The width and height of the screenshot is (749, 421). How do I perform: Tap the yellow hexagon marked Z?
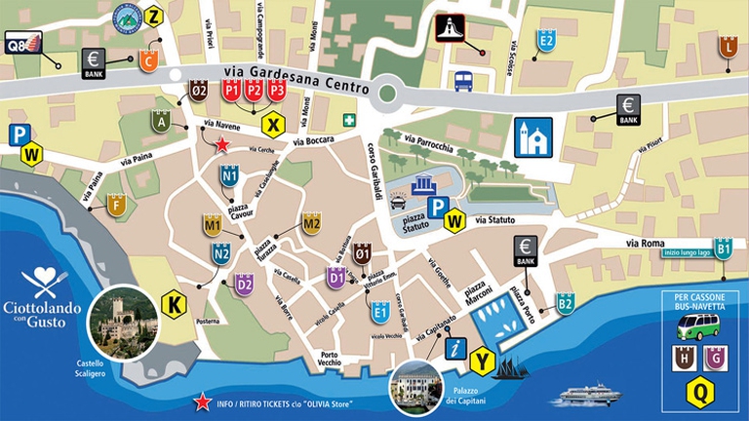coord(154,16)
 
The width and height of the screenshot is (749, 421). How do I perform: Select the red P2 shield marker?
coord(254,90)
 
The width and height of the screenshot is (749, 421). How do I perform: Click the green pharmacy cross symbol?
coord(349,120)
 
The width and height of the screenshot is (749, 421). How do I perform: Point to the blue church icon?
coord(533,136)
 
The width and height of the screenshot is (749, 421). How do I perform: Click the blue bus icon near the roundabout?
coord(463,81)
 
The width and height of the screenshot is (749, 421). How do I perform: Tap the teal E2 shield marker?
coord(546,41)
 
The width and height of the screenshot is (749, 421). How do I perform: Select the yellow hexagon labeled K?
coord(174,303)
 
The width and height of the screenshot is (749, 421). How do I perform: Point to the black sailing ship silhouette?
coord(514,367)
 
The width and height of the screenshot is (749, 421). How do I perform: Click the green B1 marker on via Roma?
coord(723,249)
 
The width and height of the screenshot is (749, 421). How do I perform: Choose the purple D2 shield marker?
coord(244,285)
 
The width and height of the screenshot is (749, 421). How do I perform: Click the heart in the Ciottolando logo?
coord(45,279)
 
